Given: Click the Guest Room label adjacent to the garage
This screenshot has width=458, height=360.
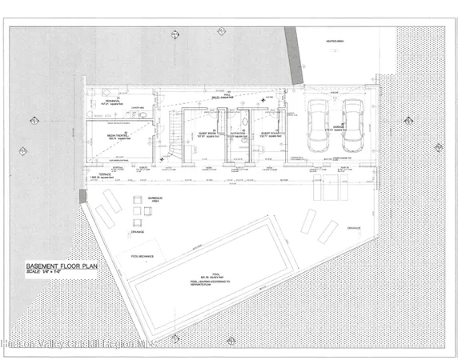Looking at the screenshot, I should (268, 134).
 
